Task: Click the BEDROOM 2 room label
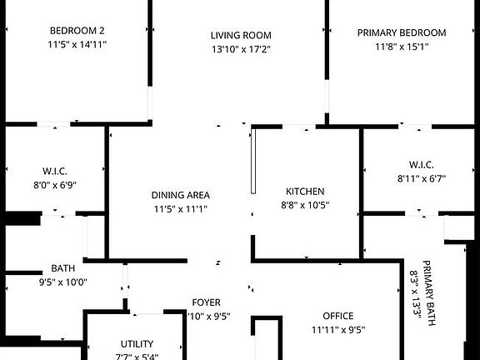77,31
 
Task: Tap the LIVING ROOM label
241,35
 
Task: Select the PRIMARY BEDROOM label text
402,32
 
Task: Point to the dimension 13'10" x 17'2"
241,49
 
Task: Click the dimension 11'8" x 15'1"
402,47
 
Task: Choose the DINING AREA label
181,195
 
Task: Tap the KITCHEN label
305,192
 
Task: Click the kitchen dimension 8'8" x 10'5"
305,205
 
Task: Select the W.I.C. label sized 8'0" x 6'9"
55,171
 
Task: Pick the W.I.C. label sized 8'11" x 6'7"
421,165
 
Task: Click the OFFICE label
338,316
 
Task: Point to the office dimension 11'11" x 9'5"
338,330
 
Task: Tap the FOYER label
207,302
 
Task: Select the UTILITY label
137,344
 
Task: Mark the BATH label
62,268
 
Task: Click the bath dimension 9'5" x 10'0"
63,282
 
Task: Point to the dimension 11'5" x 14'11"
77,44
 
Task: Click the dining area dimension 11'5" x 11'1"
181,209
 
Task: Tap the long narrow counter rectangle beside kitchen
253,162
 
